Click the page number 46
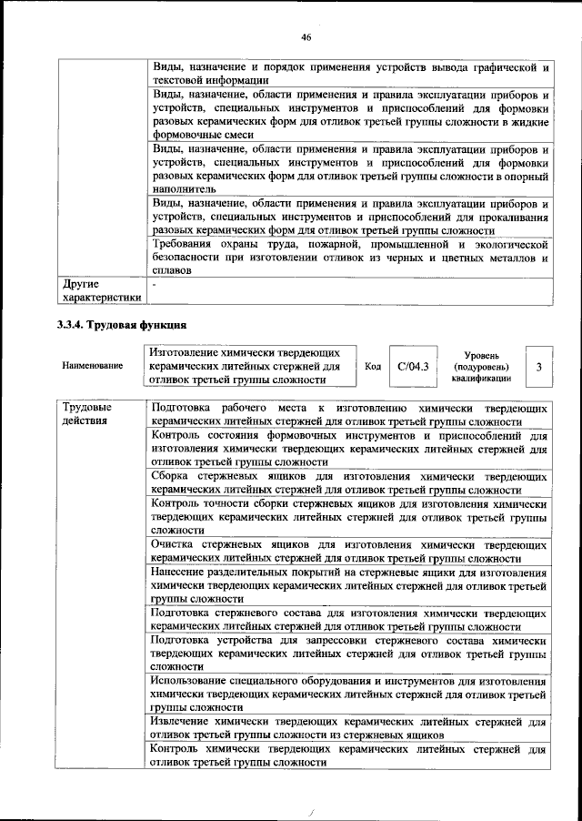tap(306, 36)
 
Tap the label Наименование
tap(92, 366)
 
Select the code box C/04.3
tap(412, 366)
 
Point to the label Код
tap(372, 366)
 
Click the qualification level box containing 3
tap(539, 366)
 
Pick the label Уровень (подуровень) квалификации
tap(481, 366)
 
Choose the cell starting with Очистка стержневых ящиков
tap(349, 551)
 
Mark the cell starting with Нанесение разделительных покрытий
tap(349, 585)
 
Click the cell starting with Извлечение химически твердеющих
tap(349, 727)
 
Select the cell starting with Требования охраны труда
tap(349, 258)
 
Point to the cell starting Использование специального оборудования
tap(349, 694)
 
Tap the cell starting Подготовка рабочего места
tap(349, 415)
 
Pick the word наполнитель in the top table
tap(186, 188)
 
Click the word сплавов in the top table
tap(172, 270)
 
